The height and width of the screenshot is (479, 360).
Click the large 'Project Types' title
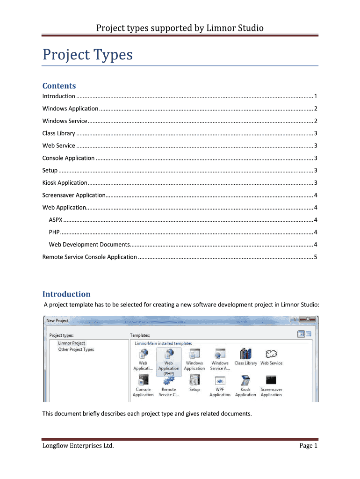pos(87,55)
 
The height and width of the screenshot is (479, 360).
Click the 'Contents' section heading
pos(59,86)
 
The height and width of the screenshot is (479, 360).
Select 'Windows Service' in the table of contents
pos(65,121)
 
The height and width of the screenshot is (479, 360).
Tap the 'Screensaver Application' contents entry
pos(74,195)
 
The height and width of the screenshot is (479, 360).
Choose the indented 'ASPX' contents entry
pos(56,220)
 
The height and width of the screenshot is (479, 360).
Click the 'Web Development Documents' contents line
pos(89,244)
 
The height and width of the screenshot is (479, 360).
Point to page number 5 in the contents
pos(316,257)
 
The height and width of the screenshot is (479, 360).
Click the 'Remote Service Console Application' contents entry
pos(90,257)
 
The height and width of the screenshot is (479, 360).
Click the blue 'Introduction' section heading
pos(66,294)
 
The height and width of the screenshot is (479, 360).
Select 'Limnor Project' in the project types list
pos(72,343)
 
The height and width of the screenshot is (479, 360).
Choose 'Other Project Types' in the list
pos(76,349)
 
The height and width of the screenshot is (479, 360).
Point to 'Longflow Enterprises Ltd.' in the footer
pos(78,445)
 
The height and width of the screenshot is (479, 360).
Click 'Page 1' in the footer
pos(308,445)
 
